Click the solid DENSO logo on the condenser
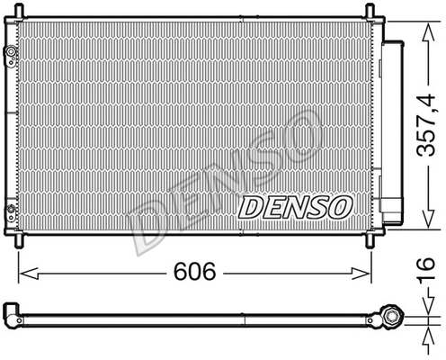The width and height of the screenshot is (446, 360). point(293,208)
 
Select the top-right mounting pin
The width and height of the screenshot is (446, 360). point(369,11)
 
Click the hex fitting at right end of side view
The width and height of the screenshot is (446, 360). point(393,316)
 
